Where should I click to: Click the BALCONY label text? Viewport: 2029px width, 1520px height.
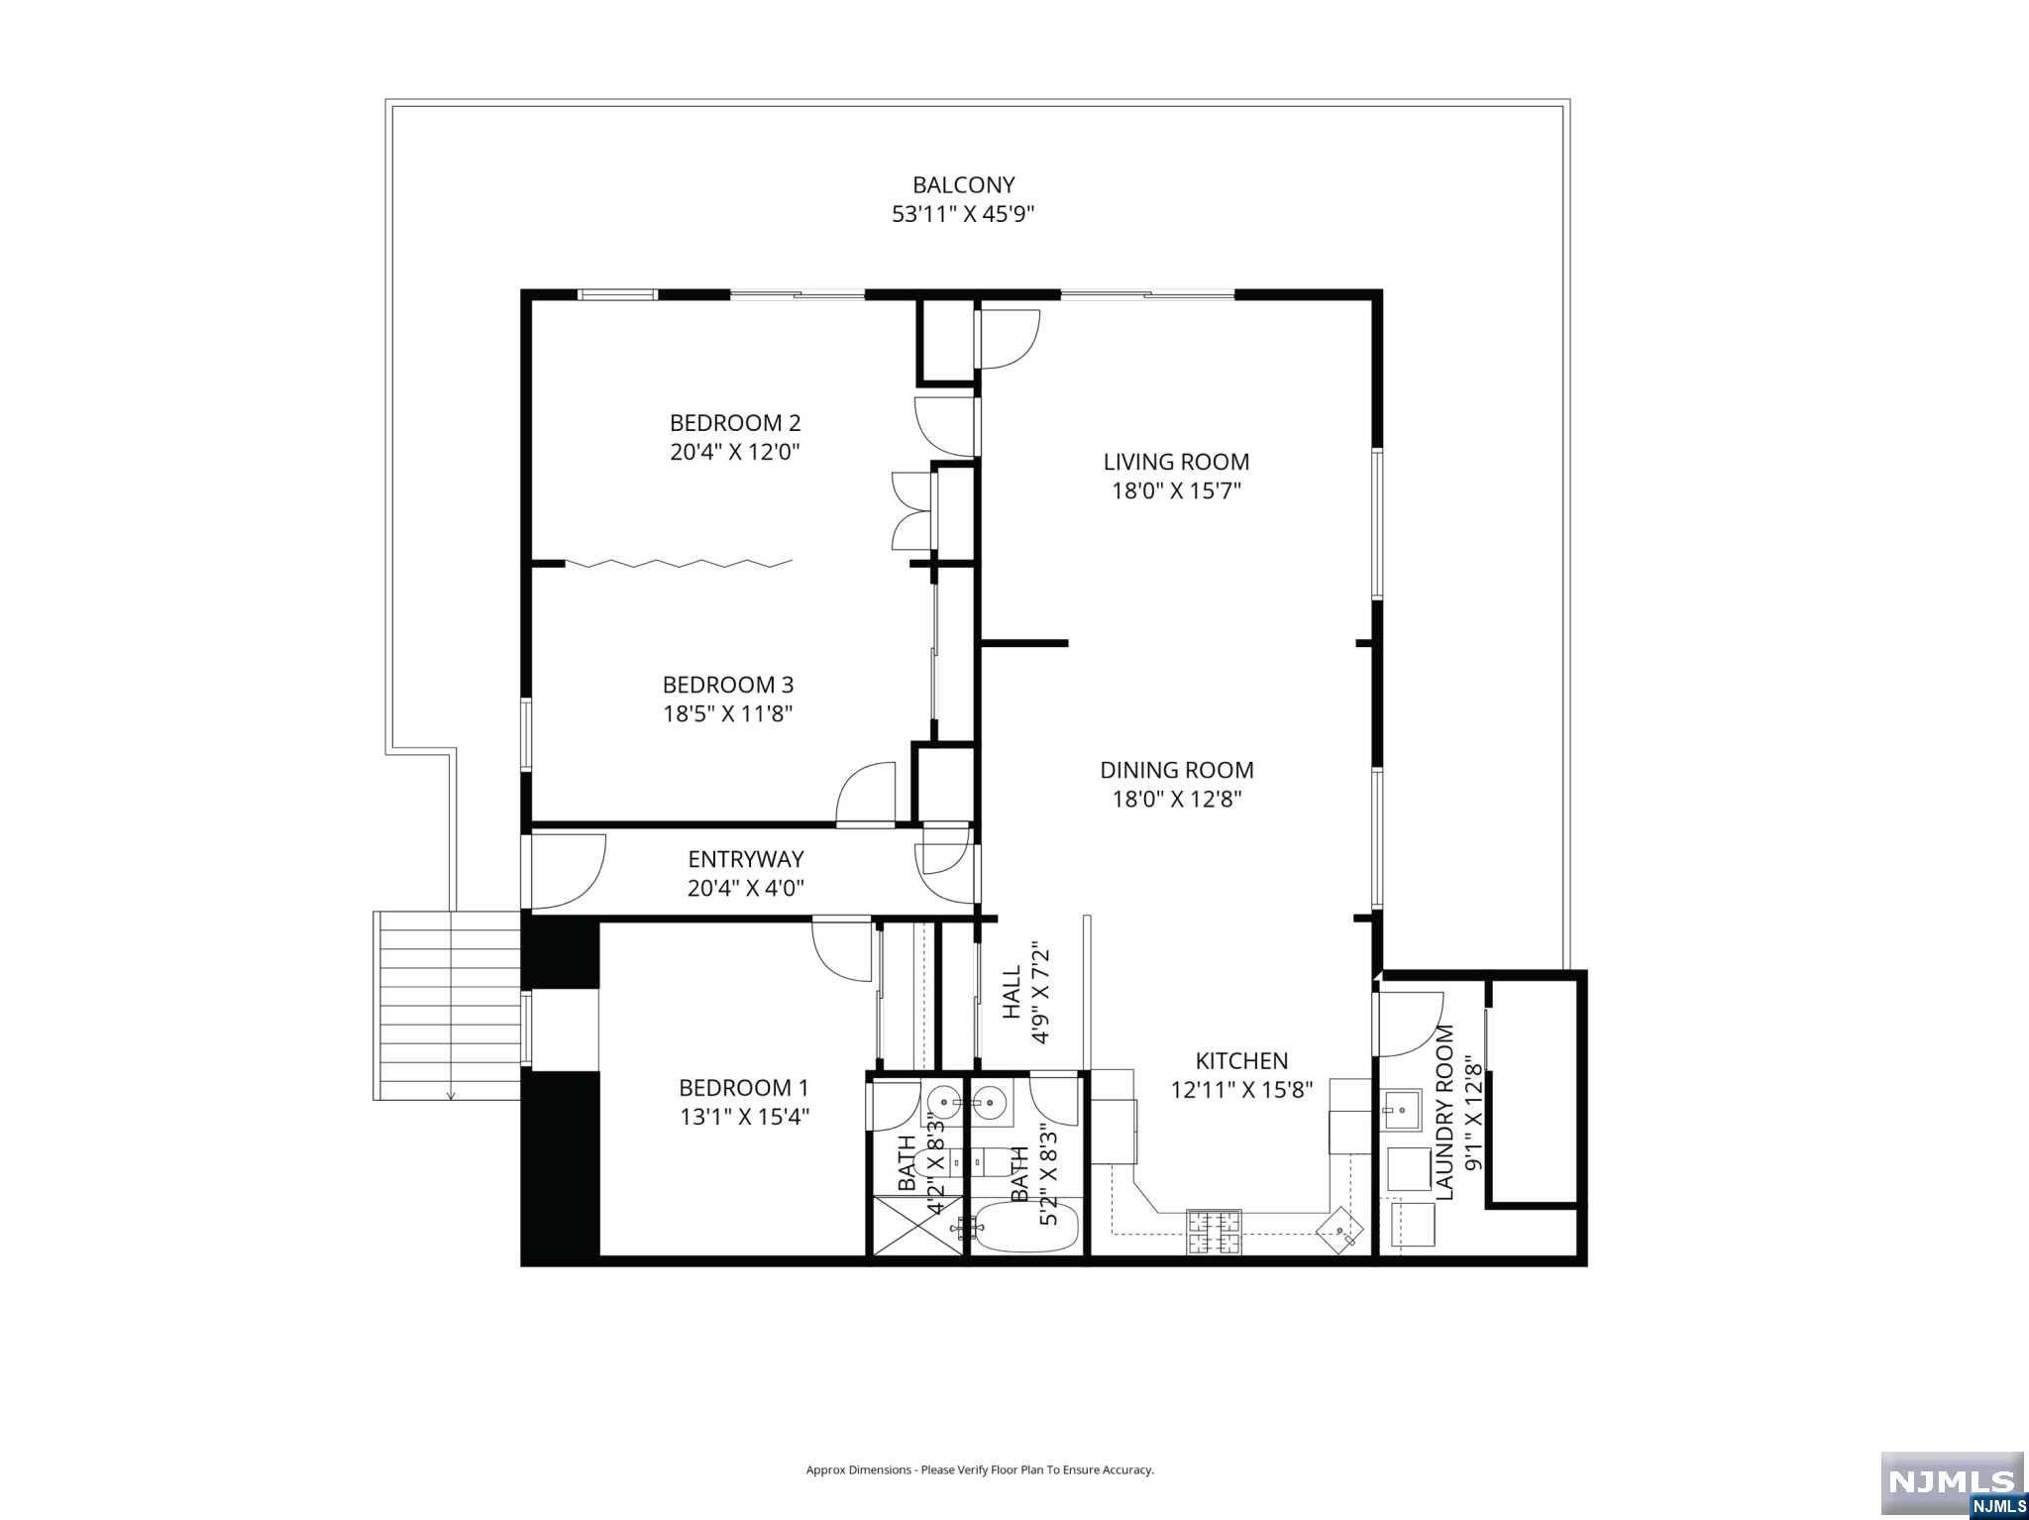[963, 185]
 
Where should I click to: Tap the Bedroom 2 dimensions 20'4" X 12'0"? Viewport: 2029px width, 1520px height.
[734, 452]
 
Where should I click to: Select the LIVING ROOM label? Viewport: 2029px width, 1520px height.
[1176, 462]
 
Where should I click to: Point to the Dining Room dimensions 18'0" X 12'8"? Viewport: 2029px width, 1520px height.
[1176, 799]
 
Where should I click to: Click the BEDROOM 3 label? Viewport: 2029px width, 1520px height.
[727, 685]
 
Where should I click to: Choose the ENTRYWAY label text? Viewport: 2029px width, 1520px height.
[745, 859]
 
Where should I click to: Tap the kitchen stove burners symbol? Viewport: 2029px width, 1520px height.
[1214, 1232]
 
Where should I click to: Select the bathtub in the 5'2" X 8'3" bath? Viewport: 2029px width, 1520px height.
[1025, 1228]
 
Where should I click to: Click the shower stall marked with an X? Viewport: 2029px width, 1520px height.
[916, 1226]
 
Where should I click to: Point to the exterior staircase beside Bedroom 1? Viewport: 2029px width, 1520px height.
[448, 1007]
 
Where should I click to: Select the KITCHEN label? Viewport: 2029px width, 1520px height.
[1240, 1061]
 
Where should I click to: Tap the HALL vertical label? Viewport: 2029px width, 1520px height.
[1012, 993]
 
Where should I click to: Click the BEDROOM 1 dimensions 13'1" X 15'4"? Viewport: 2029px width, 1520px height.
[744, 1117]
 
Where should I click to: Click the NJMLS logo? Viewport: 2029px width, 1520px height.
[1952, 1483]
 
